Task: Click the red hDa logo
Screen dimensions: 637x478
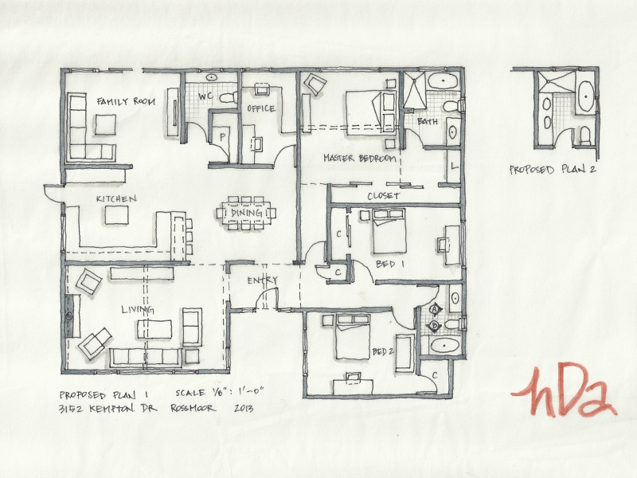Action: [x=565, y=390]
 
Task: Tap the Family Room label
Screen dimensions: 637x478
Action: [x=126, y=101]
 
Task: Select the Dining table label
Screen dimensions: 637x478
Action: [x=246, y=213]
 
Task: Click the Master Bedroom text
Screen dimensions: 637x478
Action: [x=360, y=158]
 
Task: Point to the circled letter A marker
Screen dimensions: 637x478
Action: [x=435, y=310]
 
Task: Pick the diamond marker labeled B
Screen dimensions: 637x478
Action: [x=435, y=326]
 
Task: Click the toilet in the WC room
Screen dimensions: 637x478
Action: [x=228, y=97]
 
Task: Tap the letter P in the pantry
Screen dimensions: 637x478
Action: [x=222, y=137]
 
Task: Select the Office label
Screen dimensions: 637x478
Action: [x=261, y=108]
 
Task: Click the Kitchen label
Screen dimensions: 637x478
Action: [x=116, y=198]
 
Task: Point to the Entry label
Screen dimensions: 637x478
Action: [x=262, y=280]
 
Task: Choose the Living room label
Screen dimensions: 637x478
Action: [x=138, y=310]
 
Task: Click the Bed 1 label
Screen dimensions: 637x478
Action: [x=390, y=264]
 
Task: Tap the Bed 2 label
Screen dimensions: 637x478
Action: [x=383, y=351]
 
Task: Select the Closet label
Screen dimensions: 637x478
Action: [x=384, y=196]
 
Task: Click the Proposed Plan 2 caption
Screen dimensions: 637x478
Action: [x=553, y=169]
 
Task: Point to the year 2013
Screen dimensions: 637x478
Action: [x=244, y=408]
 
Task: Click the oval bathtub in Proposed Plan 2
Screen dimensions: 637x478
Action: [x=586, y=96]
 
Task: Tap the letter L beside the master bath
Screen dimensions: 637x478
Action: [x=454, y=167]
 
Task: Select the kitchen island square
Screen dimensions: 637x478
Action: [x=116, y=215]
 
